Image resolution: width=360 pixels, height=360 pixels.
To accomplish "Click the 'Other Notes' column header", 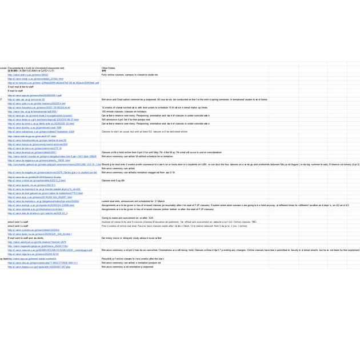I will point(108,67).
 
